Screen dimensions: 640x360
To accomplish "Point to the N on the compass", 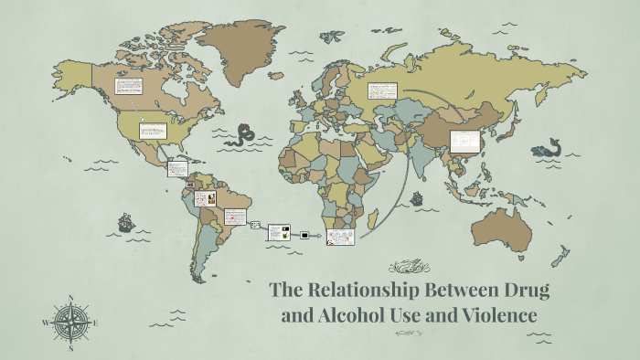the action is pos(70,298).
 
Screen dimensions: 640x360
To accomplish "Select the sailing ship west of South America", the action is pos(125,222).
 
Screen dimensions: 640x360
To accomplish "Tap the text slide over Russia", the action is pos(382,90).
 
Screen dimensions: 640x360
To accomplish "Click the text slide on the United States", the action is pos(152,131).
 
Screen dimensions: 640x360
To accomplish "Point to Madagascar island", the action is pos(372,220).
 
